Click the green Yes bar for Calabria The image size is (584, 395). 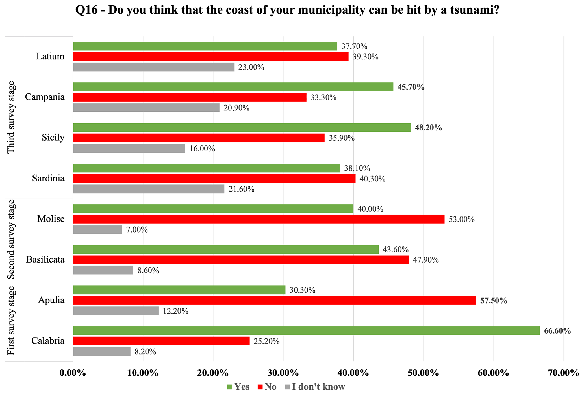(x=306, y=330)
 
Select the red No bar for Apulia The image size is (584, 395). (x=274, y=300)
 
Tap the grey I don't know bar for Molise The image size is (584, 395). (x=97, y=229)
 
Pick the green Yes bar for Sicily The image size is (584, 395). (x=242, y=127)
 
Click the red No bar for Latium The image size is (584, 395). (x=210, y=57)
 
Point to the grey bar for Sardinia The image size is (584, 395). (x=149, y=189)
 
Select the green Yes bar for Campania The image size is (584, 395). (x=233, y=87)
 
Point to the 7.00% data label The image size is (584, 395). (x=137, y=230)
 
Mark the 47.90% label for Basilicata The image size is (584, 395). (x=426, y=260)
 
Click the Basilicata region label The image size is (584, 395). (x=45, y=259)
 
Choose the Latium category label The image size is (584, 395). (x=50, y=57)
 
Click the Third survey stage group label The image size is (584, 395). (x=11, y=117)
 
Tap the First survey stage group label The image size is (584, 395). (x=11, y=320)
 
